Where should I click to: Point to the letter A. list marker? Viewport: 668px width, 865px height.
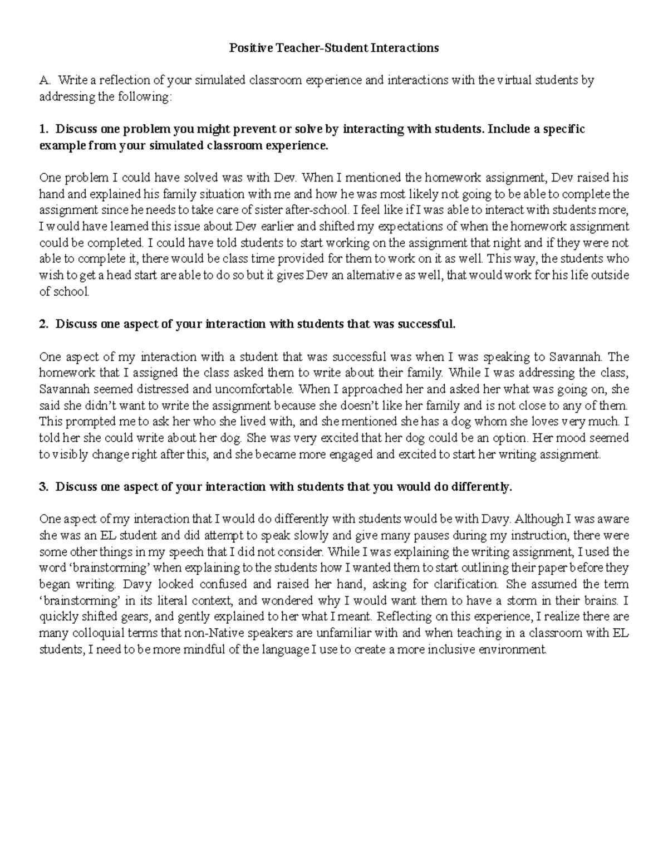coord(43,81)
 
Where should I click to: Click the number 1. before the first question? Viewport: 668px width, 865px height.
coord(43,130)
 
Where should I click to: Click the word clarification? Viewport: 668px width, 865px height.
coord(468,585)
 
